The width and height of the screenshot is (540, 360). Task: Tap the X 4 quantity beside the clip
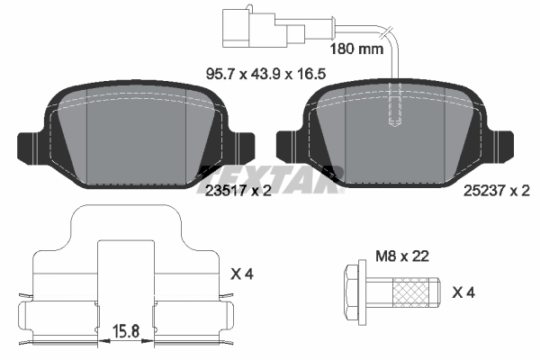pos(243,272)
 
